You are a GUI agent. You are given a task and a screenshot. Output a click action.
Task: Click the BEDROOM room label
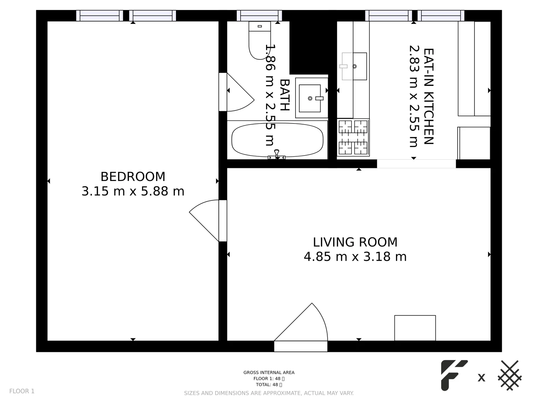(133, 176)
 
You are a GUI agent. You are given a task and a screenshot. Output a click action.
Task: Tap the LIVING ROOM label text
(355, 242)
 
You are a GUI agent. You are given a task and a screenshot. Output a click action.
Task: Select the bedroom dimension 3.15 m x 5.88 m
(133, 191)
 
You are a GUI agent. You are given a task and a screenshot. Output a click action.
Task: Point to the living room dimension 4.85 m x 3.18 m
(355, 257)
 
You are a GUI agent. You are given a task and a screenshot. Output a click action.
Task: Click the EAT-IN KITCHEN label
(428, 96)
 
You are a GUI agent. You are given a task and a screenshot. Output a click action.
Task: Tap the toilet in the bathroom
(259, 40)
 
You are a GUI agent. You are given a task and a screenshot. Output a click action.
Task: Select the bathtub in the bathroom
(277, 140)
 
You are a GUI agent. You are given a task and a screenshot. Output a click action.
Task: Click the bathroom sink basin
(310, 98)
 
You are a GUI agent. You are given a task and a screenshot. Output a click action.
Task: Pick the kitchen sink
(354, 66)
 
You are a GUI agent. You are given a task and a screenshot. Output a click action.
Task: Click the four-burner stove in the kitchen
(353, 137)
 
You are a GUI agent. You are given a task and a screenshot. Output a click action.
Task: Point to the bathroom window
(259, 16)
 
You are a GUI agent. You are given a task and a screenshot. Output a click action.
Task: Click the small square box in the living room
(415, 328)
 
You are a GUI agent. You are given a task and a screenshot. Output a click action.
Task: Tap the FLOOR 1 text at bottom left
(22, 391)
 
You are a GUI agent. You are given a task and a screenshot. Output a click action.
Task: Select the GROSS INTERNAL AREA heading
(269, 372)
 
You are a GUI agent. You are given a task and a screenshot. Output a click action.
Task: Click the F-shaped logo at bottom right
(453, 375)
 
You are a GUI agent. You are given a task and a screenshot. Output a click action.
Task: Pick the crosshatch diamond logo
(510, 375)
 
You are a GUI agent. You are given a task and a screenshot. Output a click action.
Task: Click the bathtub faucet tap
(276, 154)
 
